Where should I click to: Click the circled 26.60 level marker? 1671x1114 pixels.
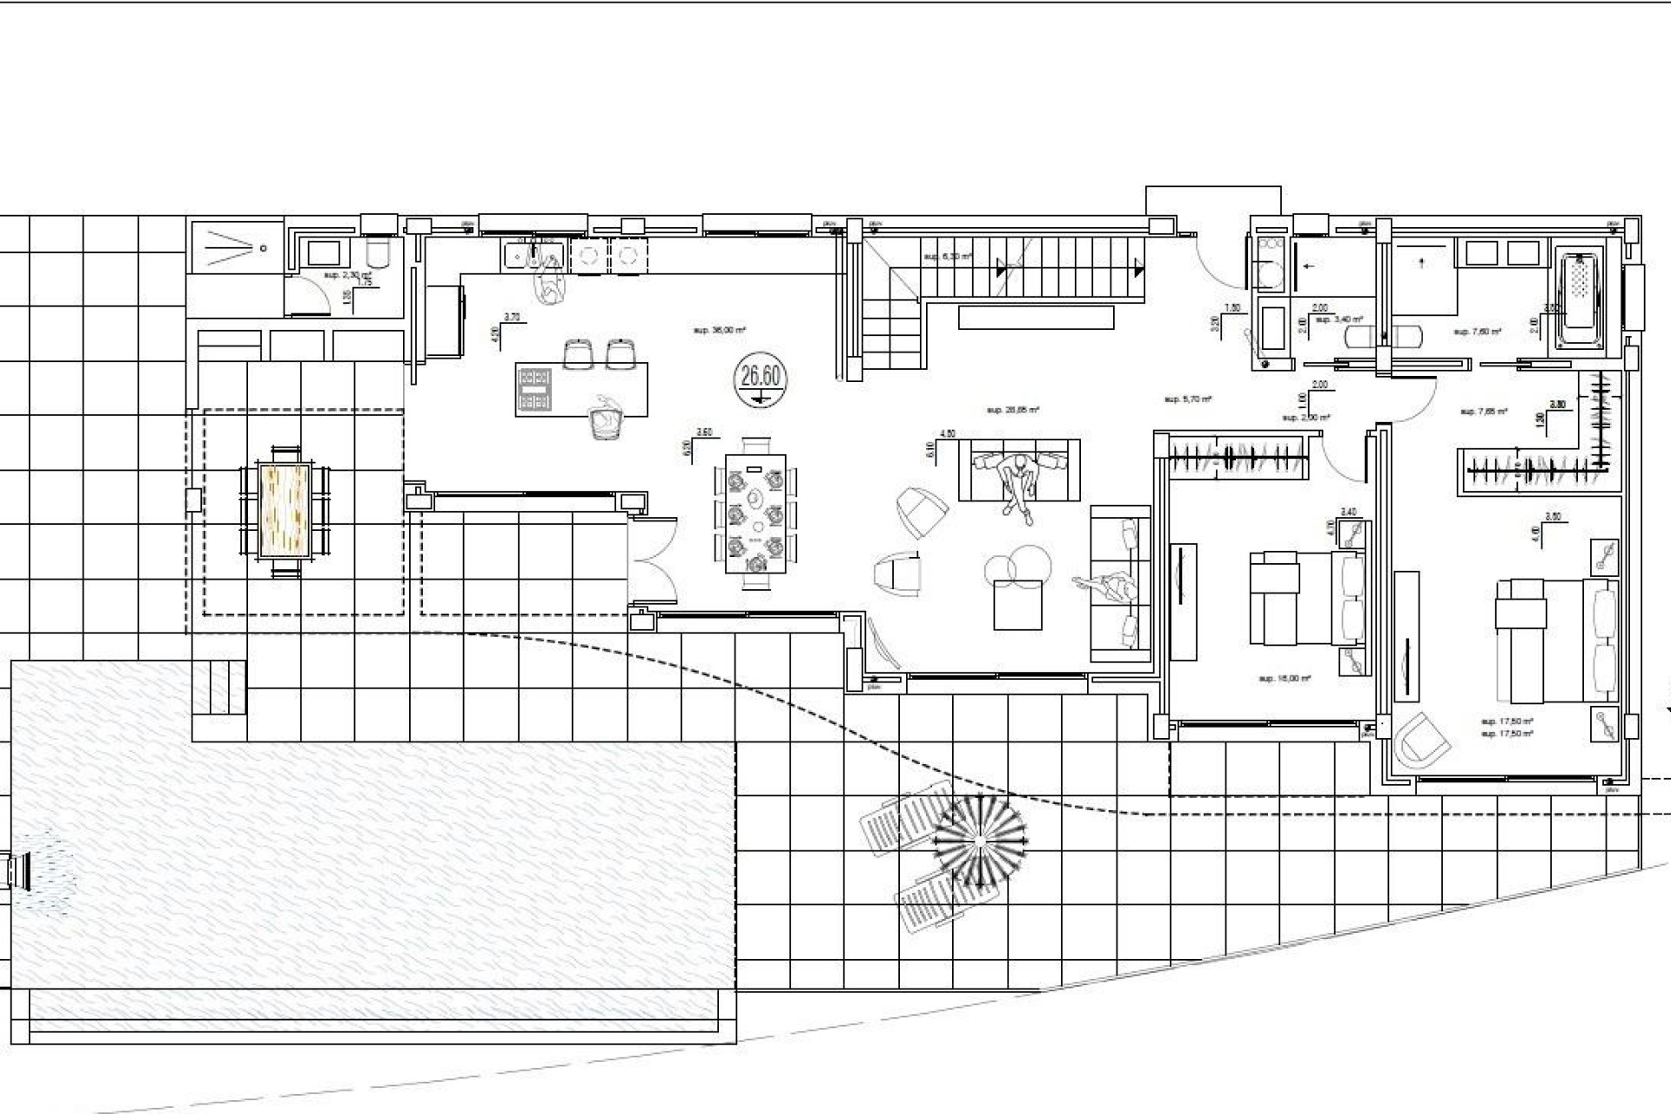click(x=760, y=379)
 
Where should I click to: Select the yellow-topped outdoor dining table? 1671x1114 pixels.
click(x=285, y=511)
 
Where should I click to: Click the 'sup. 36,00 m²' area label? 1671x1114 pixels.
click(x=719, y=331)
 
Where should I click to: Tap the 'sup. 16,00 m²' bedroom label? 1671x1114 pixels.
click(x=1285, y=679)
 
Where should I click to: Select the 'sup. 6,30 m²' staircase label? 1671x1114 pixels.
click(x=948, y=257)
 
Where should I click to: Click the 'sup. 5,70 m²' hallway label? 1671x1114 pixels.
click(x=1188, y=399)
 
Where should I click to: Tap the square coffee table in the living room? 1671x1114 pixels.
click(x=1017, y=604)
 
